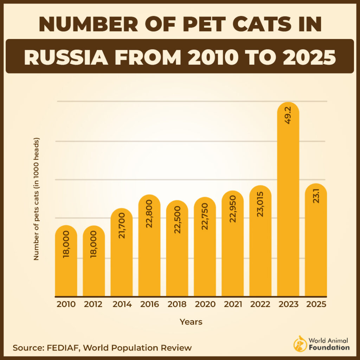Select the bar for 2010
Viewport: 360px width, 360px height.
66,267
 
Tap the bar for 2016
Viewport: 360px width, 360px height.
149,253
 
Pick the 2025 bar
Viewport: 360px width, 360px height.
316,246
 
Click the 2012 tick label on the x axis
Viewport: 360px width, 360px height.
94,304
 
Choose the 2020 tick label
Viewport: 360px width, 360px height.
205,304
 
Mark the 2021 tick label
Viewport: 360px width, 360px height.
232,304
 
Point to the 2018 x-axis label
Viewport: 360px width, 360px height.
177,304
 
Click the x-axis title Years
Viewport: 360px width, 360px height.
191,322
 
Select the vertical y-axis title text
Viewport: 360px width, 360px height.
36,199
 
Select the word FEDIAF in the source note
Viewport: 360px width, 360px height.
60,348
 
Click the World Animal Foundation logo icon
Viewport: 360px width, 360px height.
300,343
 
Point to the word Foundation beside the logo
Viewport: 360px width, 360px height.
329,347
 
